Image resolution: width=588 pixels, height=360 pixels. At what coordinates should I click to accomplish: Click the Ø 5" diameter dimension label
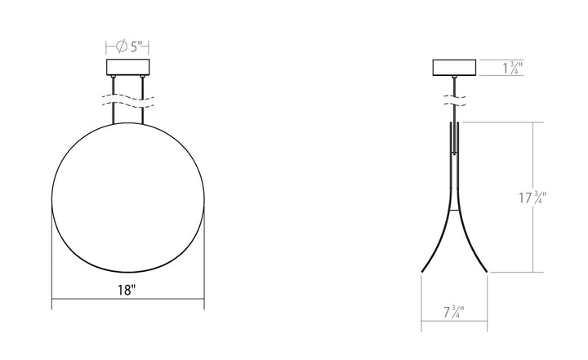point(127,47)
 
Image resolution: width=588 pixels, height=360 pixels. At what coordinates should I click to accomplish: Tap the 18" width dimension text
point(127,290)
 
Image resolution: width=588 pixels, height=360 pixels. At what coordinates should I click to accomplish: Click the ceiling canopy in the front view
point(127,68)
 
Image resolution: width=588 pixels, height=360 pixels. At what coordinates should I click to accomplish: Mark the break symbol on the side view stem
point(454,102)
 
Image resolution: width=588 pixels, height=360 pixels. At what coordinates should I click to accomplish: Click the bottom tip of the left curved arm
point(422,270)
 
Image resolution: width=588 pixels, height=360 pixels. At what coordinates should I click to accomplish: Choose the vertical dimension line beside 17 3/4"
point(535,163)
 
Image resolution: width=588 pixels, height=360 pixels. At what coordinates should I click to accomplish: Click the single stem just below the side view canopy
point(454,85)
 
